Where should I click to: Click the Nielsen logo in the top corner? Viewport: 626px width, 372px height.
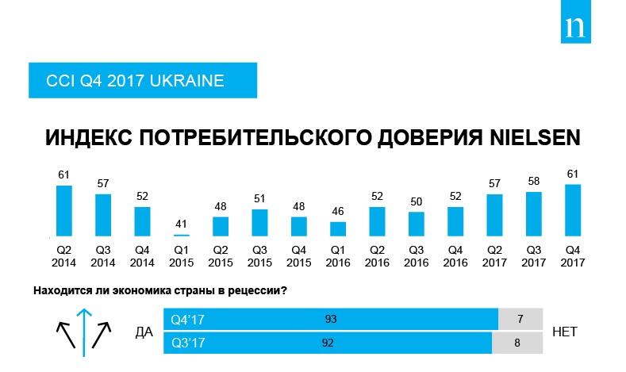[578, 29]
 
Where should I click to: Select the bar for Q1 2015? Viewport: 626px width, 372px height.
[182, 235]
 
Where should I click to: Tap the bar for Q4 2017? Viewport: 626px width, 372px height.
[572, 210]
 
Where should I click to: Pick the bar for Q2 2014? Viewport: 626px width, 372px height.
[64, 211]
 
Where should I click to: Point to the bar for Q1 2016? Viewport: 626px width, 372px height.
[337, 228]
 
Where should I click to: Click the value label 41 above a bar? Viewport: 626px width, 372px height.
[182, 223]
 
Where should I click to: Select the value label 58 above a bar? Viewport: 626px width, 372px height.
[533, 181]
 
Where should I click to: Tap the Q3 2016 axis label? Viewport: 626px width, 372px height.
[416, 255]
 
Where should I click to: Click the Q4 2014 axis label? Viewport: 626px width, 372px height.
[142, 255]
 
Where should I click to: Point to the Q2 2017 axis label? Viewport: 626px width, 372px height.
[494, 255]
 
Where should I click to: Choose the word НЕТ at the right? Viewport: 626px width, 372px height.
[564, 332]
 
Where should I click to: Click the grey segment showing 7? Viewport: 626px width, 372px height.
[520, 319]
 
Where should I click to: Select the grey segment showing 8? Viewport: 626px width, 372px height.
[517, 344]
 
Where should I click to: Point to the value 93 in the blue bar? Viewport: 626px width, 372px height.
[332, 319]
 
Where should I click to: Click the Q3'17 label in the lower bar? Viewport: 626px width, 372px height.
[188, 344]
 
